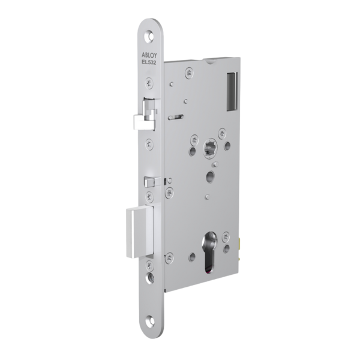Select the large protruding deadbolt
point(139,230)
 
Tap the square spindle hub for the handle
point(210,146)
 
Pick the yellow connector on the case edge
point(240,243)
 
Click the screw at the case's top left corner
point(190,73)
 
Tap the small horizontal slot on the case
point(176,116)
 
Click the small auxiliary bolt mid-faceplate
point(152,181)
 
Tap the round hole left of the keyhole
point(192,257)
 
